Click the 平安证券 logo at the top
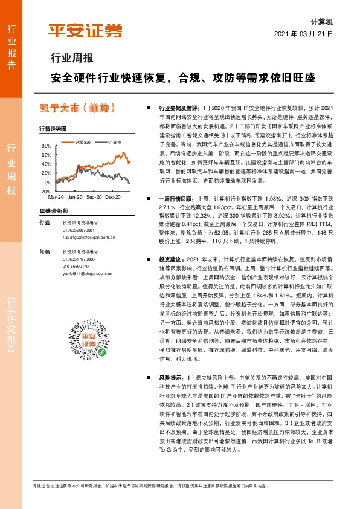click(85, 30)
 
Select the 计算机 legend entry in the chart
click(115, 142)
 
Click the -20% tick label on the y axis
click(46, 191)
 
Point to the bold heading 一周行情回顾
click(175, 199)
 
